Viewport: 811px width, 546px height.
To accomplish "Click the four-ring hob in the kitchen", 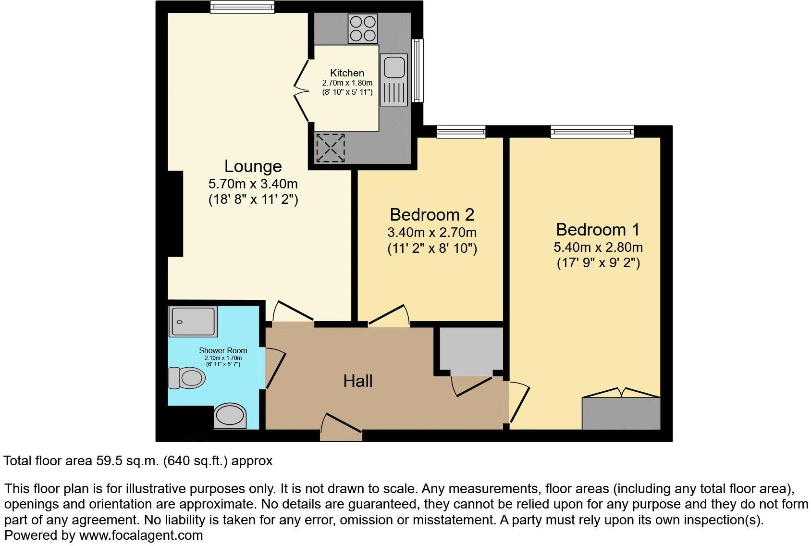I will pos(362,29).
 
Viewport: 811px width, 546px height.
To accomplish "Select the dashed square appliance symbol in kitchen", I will pos(331,148).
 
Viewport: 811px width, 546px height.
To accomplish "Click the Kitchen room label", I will pos(347,73).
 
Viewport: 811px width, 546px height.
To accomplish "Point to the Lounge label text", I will pos(253,166).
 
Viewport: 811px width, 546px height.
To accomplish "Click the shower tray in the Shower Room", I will pos(193,321).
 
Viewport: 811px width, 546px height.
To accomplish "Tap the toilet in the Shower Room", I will pos(186,378).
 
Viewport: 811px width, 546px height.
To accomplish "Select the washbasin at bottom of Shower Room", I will pos(230,416).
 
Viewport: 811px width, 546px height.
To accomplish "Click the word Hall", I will pos(357,381).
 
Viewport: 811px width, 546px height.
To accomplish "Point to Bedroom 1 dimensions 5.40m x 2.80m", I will pos(598,248).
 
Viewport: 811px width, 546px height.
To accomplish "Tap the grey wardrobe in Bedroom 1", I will pos(621,413).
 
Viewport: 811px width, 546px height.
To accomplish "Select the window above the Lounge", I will pos(242,6).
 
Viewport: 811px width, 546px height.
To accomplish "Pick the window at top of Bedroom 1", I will pos(592,131).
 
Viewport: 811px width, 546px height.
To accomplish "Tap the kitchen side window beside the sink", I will pos(418,70).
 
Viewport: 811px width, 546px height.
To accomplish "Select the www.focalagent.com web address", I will pos(141,535).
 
